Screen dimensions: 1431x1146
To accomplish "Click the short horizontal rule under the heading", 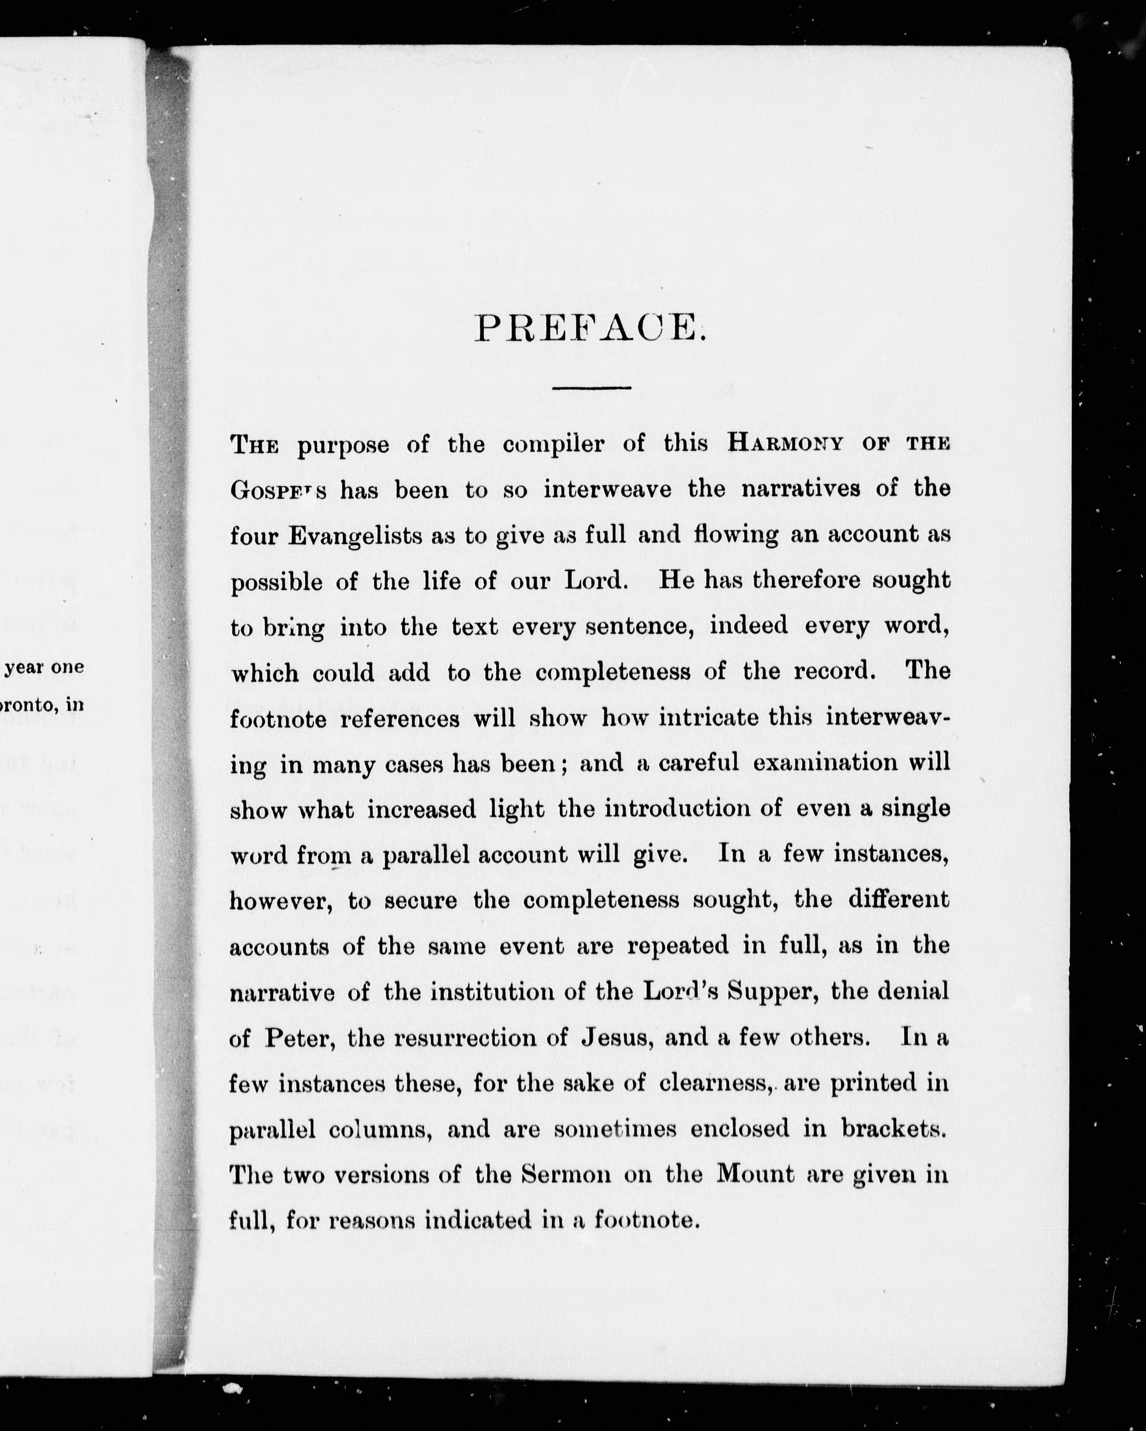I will point(591,388).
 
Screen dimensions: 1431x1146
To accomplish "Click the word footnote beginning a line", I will point(278,719).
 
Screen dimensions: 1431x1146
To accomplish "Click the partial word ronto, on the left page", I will point(33,705).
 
